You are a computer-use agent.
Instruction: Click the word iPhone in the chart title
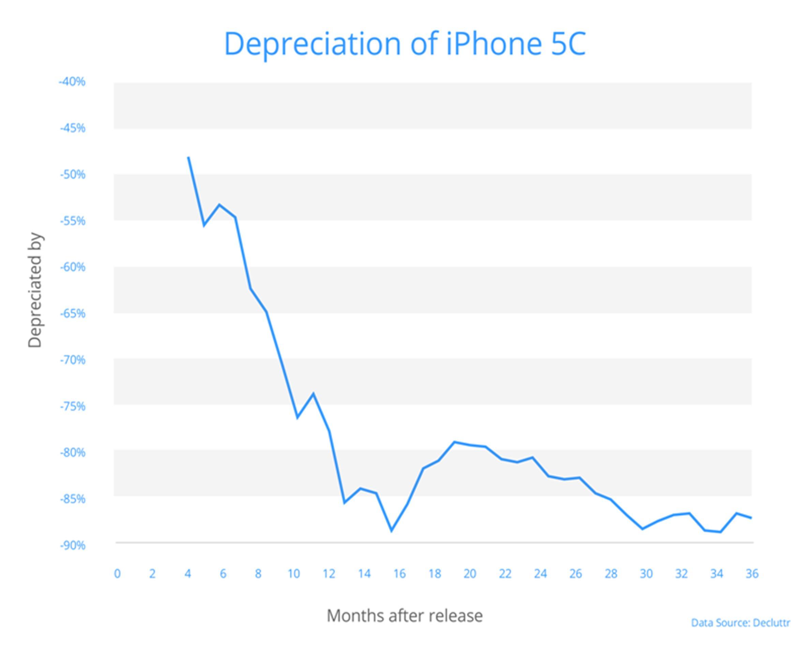pyautogui.click(x=494, y=44)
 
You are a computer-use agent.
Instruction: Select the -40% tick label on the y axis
pyautogui.click(x=72, y=82)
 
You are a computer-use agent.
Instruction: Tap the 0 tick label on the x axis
pyautogui.click(x=118, y=574)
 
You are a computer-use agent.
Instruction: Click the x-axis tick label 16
pyautogui.click(x=399, y=574)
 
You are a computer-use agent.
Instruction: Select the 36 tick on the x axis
pyautogui.click(x=752, y=574)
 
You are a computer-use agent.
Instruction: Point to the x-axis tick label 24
pyautogui.click(x=540, y=574)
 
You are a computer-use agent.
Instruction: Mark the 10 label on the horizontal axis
pyautogui.click(x=294, y=574)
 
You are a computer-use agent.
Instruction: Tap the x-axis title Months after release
pyautogui.click(x=404, y=616)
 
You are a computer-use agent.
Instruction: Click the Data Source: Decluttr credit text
pyautogui.click(x=740, y=623)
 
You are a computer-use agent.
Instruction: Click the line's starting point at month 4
pyautogui.click(x=189, y=158)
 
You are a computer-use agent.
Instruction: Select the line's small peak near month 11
pyautogui.click(x=313, y=393)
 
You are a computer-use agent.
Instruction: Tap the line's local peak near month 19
pyautogui.click(x=454, y=442)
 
